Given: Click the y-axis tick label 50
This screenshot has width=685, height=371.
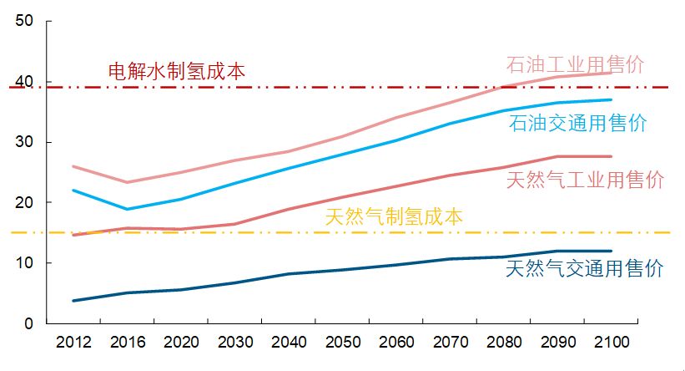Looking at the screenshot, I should pyautogui.click(x=23, y=22).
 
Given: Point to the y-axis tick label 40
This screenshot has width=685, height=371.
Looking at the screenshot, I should pyautogui.click(x=23, y=82).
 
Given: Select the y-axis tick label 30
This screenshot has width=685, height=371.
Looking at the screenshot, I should pyautogui.click(x=23, y=142).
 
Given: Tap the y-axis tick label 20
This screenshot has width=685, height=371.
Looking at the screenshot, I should pyautogui.click(x=23, y=202).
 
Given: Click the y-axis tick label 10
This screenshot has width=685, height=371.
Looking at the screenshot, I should pyautogui.click(x=23, y=262).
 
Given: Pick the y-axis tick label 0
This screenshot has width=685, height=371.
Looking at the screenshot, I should pyautogui.click(x=28, y=323).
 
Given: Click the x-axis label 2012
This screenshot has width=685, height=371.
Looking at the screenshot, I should pyautogui.click(x=73, y=343).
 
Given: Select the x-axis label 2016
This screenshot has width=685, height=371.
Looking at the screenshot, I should pyautogui.click(x=127, y=343).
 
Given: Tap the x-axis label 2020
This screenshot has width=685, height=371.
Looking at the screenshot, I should pyautogui.click(x=181, y=343).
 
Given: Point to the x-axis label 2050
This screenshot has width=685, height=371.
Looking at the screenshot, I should pyautogui.click(x=342, y=343).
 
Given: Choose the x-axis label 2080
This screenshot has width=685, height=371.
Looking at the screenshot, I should pyautogui.click(x=504, y=343).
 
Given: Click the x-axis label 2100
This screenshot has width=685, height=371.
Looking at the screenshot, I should pyautogui.click(x=612, y=343).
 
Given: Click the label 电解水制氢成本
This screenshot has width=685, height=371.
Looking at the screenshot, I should pyautogui.click(x=177, y=71).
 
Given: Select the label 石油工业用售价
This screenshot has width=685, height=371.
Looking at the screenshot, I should pyautogui.click(x=575, y=64).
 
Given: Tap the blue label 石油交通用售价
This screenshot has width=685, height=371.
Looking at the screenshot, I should pyautogui.click(x=577, y=124).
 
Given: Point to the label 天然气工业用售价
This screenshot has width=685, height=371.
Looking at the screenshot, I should pyautogui.click(x=585, y=179).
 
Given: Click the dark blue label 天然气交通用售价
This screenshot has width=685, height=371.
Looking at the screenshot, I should pyautogui.click(x=585, y=269).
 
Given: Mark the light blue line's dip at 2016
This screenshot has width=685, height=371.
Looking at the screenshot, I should pyautogui.click(x=127, y=209).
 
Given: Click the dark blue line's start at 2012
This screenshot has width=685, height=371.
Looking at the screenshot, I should pyautogui.click(x=73, y=300).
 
